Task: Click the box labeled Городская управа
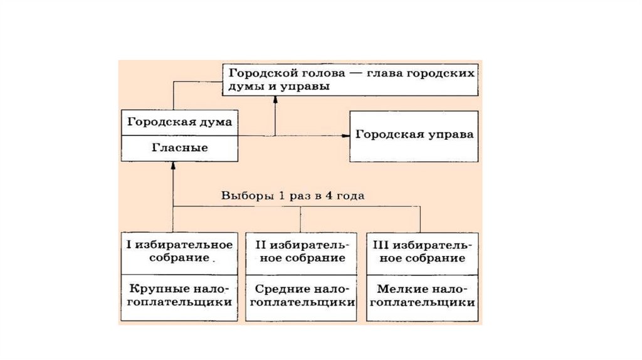[414, 135]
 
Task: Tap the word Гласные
[180, 149]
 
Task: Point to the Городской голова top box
[350, 80]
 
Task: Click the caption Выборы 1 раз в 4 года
[293, 196]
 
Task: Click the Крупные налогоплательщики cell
[180, 295]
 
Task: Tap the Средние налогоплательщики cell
[301, 295]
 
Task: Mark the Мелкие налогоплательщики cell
[419, 295]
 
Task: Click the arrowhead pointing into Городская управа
[345, 135]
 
